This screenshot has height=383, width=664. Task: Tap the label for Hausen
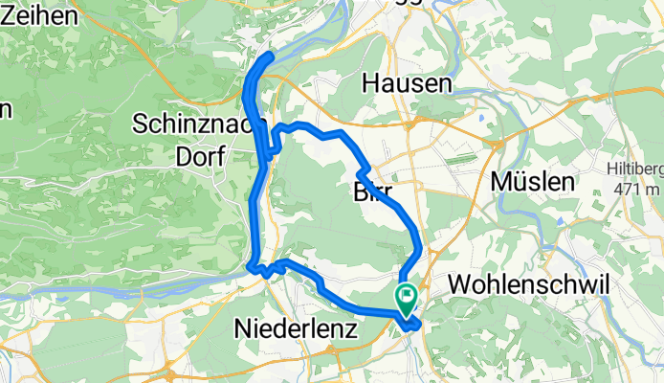407,84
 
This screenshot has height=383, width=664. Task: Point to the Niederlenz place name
295,329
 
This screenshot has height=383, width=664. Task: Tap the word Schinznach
196,124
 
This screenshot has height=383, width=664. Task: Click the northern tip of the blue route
271,56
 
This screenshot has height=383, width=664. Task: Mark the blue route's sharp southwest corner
249,265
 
